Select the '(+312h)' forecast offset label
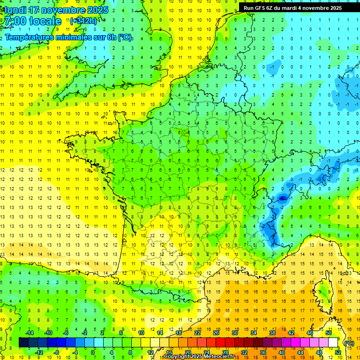click(84, 21)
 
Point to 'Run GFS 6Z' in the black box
click(260, 8)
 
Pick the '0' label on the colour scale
click(93, 352)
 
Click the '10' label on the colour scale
click(141, 333)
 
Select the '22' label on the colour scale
click(197, 333)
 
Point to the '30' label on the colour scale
click(235, 333)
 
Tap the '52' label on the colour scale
click(338, 352)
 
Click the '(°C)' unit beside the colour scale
click(349, 343)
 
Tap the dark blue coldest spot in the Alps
click(283, 198)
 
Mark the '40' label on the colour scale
click(282, 352)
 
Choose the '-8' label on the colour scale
click(56, 352)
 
